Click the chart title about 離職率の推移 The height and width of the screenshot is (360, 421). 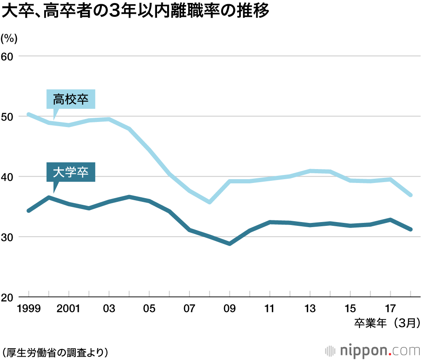click(135, 12)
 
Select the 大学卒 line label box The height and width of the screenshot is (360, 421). click(71, 172)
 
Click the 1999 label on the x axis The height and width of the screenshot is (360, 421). click(29, 309)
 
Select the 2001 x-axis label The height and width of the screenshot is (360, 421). click(69, 309)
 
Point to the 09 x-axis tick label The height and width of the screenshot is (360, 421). click(229, 309)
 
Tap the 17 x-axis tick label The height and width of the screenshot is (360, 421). click(390, 309)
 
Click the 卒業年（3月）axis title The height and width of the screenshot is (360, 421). click(386, 323)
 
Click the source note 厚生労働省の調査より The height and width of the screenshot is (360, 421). click(55, 351)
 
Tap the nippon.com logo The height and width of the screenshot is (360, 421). click(373, 350)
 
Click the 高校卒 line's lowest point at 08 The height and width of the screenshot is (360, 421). click(209, 202)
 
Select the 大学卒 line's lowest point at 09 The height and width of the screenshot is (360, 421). click(229, 244)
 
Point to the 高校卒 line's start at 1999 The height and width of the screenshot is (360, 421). click(29, 114)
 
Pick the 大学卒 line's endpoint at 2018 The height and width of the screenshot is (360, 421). click(410, 229)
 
